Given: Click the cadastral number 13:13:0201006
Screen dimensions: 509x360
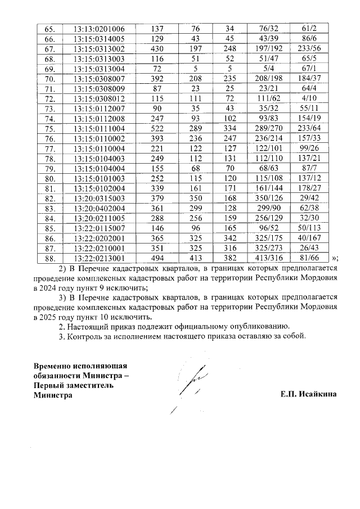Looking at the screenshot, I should (x=99, y=29).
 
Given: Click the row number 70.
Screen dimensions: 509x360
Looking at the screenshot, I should (x=49, y=79).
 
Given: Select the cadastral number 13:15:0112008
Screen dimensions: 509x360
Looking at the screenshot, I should (x=99, y=119).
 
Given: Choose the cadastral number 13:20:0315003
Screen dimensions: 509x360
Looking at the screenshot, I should (x=99, y=199).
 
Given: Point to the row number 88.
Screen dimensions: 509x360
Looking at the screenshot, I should (x=49, y=259).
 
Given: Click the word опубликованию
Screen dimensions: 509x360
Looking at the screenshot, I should (x=261, y=326).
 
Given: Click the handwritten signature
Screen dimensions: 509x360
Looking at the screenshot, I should (x=188, y=385).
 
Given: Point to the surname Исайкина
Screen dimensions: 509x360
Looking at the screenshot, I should (x=318, y=395).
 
